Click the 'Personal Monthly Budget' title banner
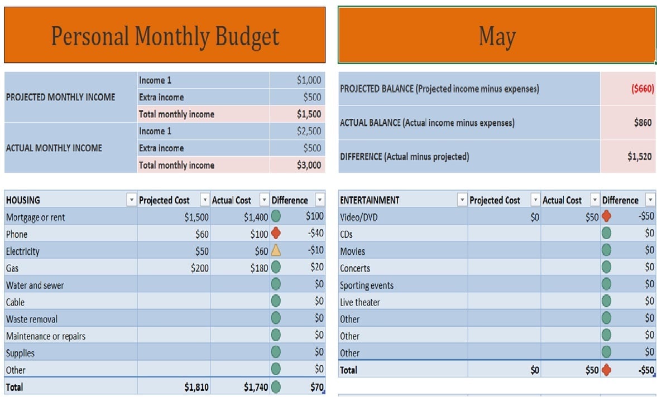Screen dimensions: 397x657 [165, 35]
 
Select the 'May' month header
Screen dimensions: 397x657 [497, 35]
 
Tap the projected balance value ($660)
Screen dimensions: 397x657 [642, 89]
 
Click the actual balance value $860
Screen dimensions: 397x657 [642, 123]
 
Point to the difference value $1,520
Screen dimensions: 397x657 [639, 157]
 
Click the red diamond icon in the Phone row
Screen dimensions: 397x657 [275, 234]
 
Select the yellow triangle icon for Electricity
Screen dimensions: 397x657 [275, 251]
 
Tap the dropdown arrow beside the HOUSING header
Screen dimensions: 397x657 [131, 200]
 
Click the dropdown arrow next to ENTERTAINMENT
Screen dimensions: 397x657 [462, 200]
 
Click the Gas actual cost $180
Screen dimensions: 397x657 [256, 268]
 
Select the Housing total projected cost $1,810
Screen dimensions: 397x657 [196, 387]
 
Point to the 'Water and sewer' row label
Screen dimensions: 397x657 [35, 285]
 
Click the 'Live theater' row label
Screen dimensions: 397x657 [359, 302]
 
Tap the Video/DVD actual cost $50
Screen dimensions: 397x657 [592, 217]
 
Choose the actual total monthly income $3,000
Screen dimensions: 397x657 [309, 165]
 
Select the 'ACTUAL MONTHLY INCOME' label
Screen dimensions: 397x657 [54, 148]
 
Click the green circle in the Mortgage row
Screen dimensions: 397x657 [275, 217]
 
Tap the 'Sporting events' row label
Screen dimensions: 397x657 [366, 285]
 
